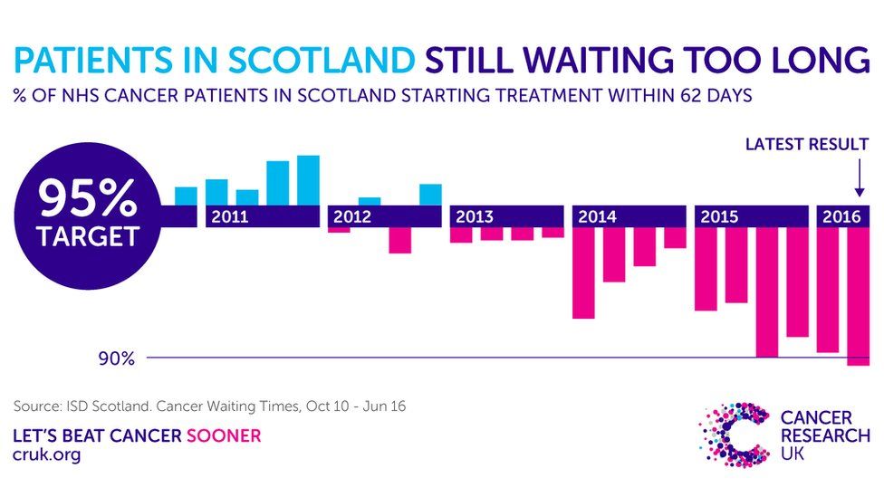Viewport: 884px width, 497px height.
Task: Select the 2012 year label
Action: (351, 217)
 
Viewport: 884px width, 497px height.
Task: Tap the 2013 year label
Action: (475, 217)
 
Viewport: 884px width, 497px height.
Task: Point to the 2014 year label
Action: (597, 217)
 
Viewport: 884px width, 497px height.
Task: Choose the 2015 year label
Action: (720, 217)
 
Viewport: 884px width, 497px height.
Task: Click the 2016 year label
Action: (841, 217)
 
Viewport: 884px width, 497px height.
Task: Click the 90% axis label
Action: (117, 359)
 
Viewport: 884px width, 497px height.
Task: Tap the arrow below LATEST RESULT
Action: (859, 180)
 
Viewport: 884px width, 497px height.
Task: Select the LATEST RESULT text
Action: (806, 144)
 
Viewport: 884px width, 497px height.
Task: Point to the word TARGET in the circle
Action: (87, 237)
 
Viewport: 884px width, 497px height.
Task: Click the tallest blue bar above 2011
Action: (308, 180)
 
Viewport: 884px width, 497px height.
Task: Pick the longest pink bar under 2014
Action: (583, 272)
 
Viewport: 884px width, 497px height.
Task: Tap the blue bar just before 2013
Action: (430, 195)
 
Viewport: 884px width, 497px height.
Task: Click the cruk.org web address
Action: (46, 455)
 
